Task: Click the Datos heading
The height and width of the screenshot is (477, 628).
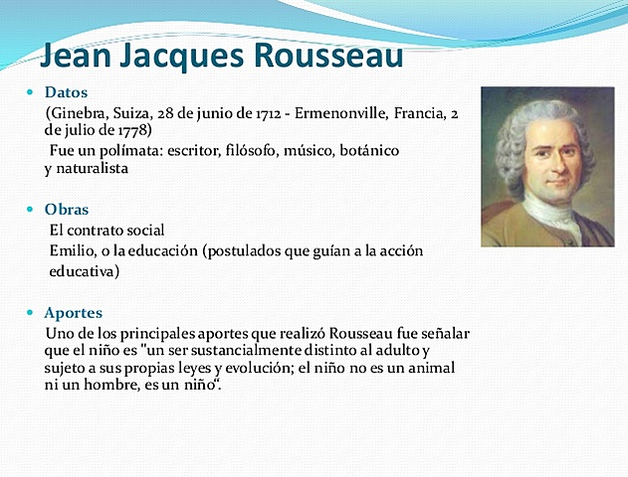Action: (x=67, y=92)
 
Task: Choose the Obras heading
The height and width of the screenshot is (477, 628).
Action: (x=67, y=210)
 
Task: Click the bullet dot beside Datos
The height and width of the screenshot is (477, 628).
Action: (x=30, y=92)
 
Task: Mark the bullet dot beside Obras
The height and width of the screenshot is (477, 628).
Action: (x=30, y=210)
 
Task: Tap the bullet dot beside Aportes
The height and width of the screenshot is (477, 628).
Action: (x=30, y=312)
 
